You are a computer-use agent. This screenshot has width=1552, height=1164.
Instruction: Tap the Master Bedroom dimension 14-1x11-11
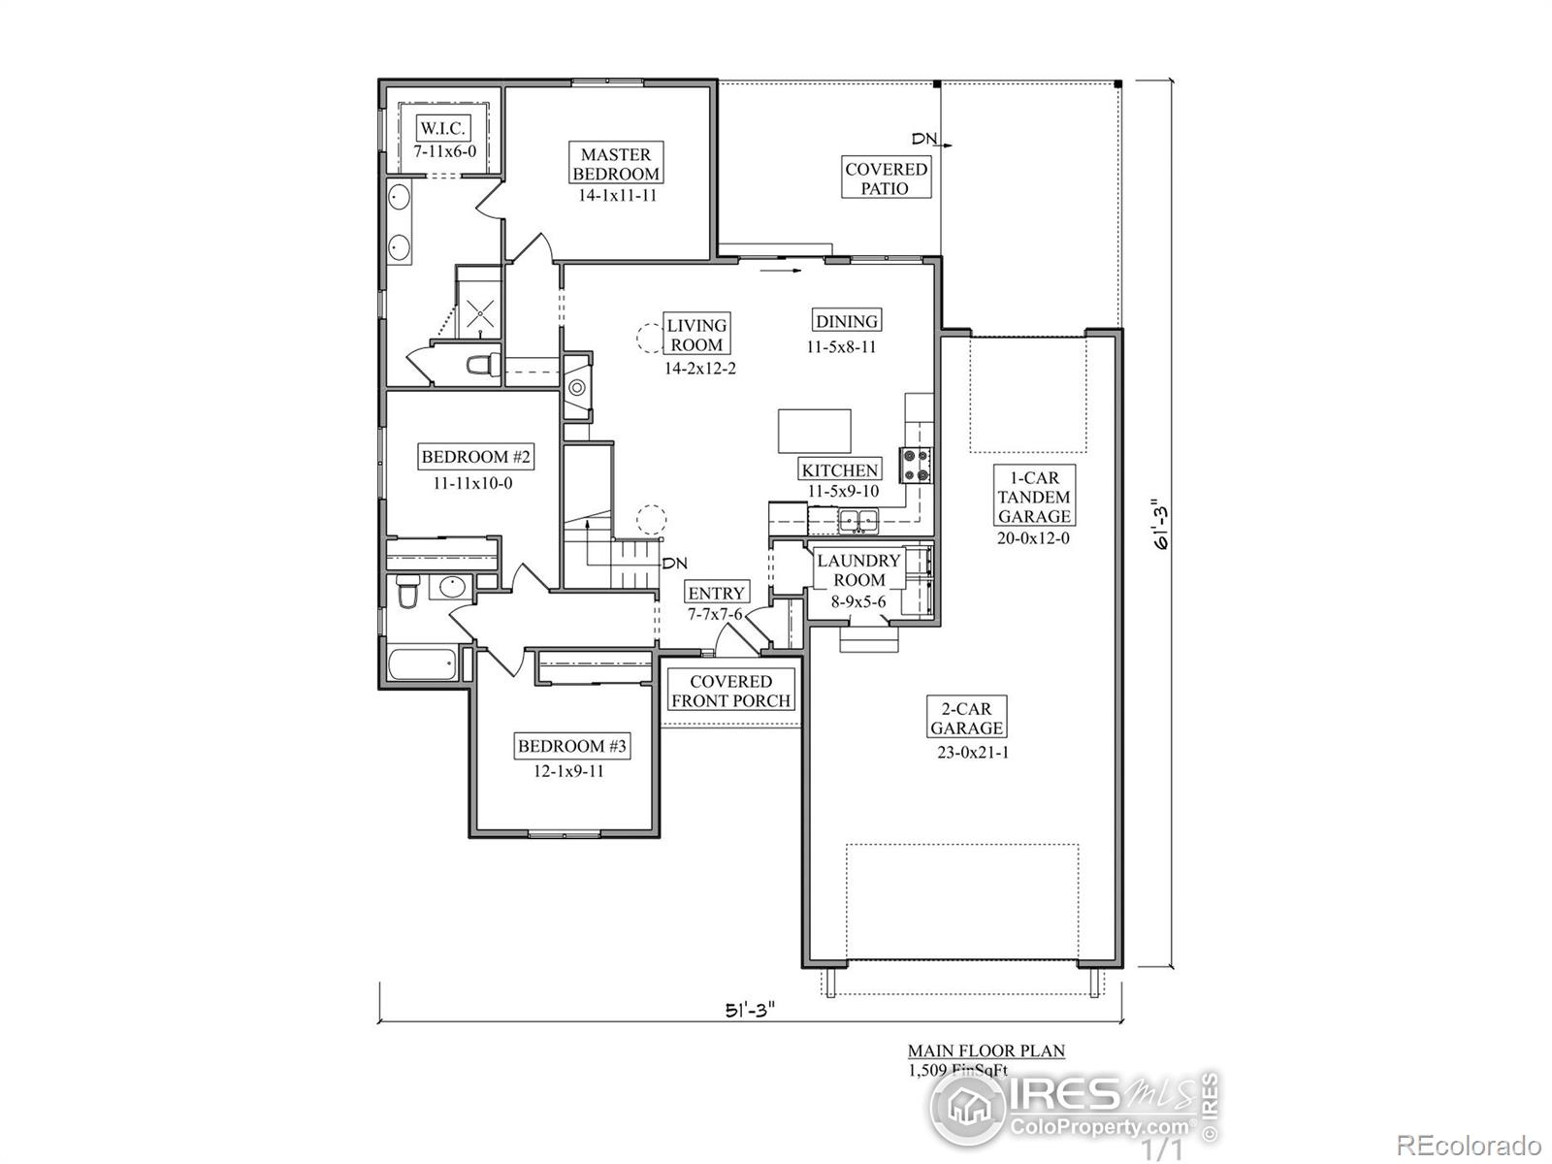coord(616,195)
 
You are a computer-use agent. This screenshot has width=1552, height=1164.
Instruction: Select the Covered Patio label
coord(886,178)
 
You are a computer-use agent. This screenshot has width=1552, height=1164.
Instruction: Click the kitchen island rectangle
coord(815,431)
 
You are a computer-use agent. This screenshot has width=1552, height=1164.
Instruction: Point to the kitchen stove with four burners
coord(917,465)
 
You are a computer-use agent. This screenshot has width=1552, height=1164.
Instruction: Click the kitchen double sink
coord(857,521)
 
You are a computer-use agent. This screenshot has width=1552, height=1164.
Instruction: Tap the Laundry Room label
coord(858,570)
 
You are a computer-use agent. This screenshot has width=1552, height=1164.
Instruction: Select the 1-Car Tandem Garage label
coord(1034,497)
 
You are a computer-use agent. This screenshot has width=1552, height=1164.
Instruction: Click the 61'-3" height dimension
coord(1155,525)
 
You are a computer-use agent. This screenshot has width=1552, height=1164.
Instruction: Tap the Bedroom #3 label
coord(572,746)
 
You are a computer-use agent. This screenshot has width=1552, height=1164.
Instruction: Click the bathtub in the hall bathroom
coord(422,665)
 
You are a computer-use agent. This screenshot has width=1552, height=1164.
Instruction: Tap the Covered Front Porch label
coord(731,692)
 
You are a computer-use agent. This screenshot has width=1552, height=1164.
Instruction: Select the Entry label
coord(716,593)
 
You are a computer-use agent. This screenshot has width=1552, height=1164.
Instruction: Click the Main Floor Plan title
coord(986,1051)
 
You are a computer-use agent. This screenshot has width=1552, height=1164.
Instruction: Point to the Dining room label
coord(846,321)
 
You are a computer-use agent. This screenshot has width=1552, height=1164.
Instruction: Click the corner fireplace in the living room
coord(578,387)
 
